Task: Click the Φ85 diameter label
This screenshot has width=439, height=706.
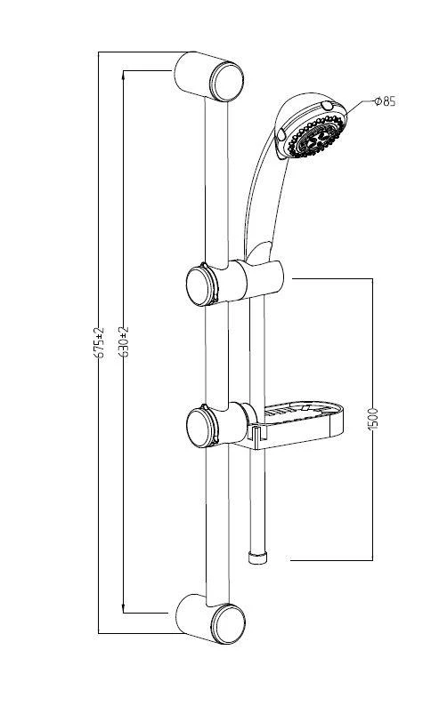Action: tap(386, 101)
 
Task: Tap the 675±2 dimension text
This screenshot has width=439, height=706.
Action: tap(99, 342)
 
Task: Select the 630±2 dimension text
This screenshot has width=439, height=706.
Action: tap(124, 341)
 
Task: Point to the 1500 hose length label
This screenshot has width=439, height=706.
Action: tap(373, 419)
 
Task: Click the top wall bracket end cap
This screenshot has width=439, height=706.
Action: tap(227, 82)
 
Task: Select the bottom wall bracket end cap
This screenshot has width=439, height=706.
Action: tap(229, 623)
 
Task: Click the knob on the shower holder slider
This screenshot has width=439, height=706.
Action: tap(201, 286)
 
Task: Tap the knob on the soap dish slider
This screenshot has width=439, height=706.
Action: tap(201, 428)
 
